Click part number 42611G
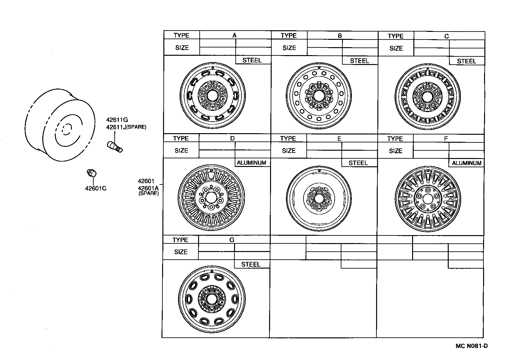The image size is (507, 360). point(117,120)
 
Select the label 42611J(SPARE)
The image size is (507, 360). point(126,127)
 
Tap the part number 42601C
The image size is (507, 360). point(96,188)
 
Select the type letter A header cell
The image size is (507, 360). point(234,35)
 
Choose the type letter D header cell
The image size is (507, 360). point(232,138)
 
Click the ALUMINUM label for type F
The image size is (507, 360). point(466,163)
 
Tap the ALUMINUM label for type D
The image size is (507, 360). point(251,163)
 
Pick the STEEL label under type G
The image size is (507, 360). point(251,264)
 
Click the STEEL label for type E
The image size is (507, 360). point(358,163)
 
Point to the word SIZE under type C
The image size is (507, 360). point(396,48)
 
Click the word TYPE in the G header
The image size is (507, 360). point(180,240)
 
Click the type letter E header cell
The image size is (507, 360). point(339,139)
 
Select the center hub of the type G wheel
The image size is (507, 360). point(211,299)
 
